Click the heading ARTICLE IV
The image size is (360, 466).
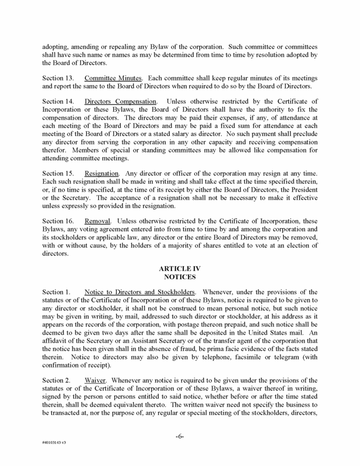pyautogui.click(x=180, y=267)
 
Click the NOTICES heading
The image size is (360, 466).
pyautogui.click(x=180, y=276)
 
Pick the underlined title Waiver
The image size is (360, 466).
pyautogui.click(x=96, y=380)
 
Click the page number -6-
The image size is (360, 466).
pyautogui.click(x=180, y=436)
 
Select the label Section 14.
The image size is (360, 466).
pyautogui.click(x=56, y=101)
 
